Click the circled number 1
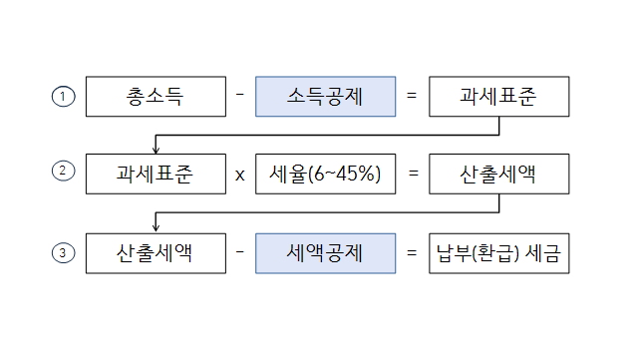click(x=63, y=96)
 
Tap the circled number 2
click(x=63, y=171)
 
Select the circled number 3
click(x=63, y=253)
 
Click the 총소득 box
click(x=157, y=96)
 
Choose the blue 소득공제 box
click(x=326, y=96)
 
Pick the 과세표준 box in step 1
click(x=498, y=96)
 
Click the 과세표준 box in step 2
click(x=157, y=174)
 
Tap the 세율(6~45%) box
click(x=326, y=174)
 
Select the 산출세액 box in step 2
click(x=498, y=174)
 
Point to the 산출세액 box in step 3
click(x=157, y=253)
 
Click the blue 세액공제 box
click(x=326, y=253)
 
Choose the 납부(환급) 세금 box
click(x=498, y=253)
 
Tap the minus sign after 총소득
click(x=240, y=96)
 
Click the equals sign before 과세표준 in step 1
click(x=412, y=96)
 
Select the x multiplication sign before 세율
click(x=240, y=175)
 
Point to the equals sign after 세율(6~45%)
click(x=412, y=174)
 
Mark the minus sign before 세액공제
click(x=240, y=253)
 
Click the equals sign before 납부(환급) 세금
click(x=412, y=253)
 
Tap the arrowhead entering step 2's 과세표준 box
click(x=157, y=149)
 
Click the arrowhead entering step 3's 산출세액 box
click(x=157, y=228)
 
